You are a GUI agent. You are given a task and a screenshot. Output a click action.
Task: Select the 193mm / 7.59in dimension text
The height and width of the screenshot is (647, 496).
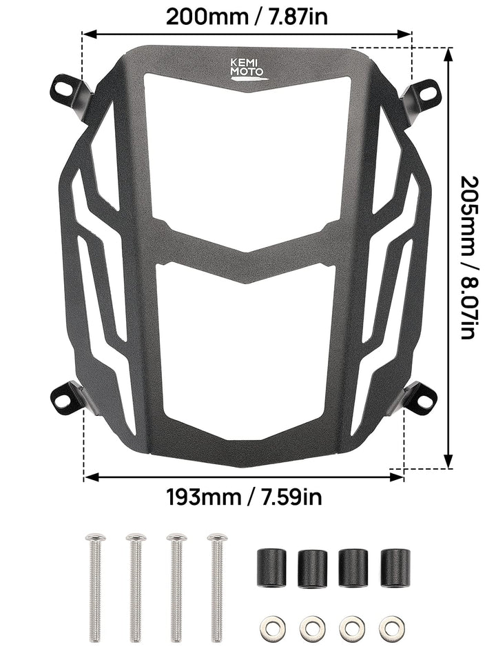245,497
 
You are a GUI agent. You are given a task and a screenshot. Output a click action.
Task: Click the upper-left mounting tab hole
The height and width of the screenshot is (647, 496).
62,88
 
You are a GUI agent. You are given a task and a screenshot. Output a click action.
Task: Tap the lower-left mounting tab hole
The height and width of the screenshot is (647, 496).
61,397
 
